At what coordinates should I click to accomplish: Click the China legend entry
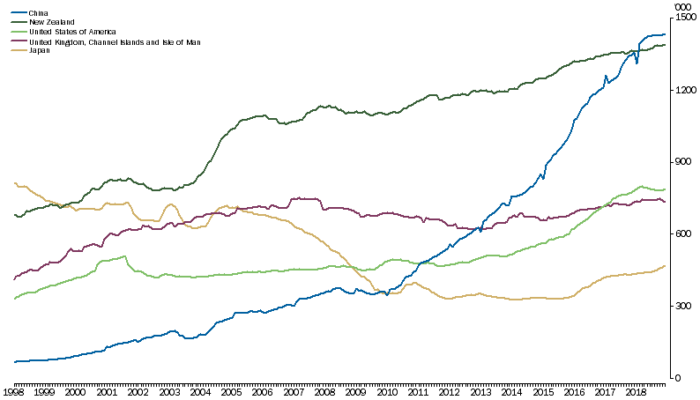click(x=37, y=13)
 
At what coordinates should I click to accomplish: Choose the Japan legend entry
click(x=39, y=50)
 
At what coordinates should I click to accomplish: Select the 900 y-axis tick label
click(x=684, y=162)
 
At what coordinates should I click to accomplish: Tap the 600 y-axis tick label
click(x=684, y=234)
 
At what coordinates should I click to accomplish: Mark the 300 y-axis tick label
click(x=684, y=307)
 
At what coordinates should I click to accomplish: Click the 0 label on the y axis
click(x=678, y=379)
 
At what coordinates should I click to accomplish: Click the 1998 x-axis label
click(x=13, y=389)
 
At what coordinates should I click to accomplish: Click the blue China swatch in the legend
click(x=16, y=13)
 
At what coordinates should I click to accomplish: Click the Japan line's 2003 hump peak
click(x=171, y=204)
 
